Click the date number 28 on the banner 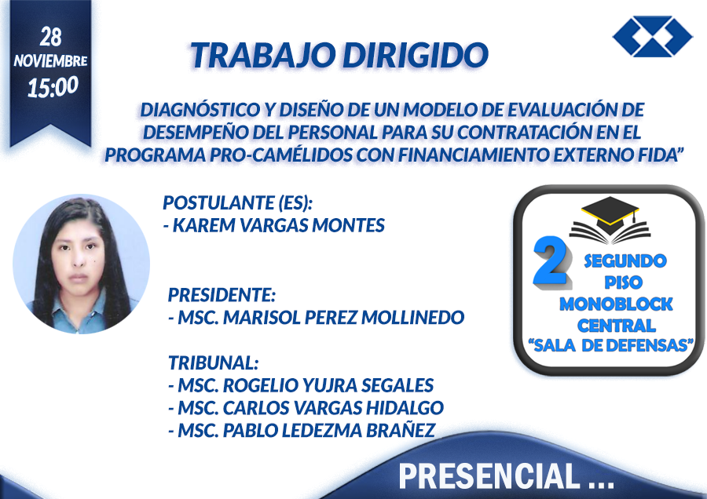50,37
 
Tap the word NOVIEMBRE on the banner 50,60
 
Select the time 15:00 53,87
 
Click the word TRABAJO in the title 262,55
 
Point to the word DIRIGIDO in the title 416,55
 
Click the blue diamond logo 653,36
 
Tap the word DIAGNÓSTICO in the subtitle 200,110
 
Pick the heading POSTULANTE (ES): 237,202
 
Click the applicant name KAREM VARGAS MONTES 279,225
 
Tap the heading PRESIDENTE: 222,295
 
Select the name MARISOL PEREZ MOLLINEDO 343,318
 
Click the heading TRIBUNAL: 213,362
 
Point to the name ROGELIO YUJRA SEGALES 328,385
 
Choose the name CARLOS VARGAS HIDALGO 333,408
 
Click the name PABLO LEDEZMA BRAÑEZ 329,431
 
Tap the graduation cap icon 610,220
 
